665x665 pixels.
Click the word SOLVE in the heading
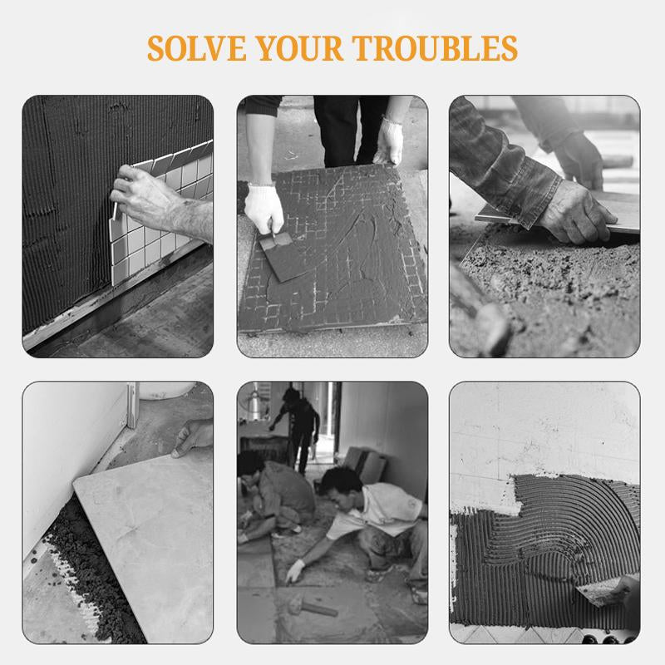pos(197,48)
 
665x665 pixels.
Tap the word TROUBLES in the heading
pos(435,48)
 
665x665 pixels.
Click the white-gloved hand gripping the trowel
pos(264,208)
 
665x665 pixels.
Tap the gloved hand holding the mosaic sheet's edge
pos(388,141)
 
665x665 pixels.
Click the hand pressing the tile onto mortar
pos(576,211)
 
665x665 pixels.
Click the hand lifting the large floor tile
pos(193,438)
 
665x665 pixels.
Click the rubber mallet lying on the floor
pos(313,607)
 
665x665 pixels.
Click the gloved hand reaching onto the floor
pos(295,571)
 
